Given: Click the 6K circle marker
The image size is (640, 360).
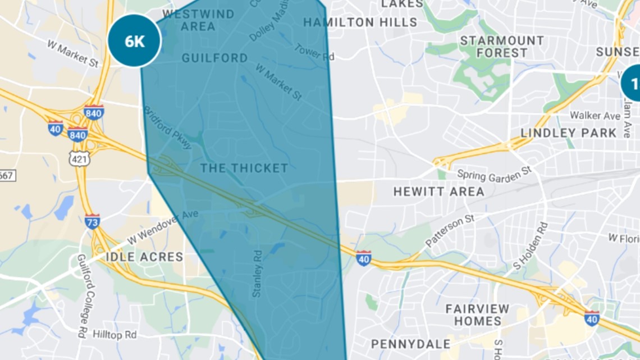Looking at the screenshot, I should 134,40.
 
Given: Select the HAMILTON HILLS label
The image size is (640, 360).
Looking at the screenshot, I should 360,22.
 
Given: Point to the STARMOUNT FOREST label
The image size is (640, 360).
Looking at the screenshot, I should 502,47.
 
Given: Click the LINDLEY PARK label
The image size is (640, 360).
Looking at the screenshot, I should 568,133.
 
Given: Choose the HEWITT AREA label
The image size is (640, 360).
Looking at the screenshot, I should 438,192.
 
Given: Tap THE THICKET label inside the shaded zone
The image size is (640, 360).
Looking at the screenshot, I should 244,168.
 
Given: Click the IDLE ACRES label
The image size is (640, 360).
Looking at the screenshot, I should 144,257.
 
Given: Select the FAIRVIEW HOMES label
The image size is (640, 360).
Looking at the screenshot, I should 477,315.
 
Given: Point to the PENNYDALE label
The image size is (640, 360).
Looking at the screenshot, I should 411,344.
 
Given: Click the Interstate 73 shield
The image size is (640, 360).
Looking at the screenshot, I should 93,221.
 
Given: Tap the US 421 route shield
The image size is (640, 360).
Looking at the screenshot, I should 79,159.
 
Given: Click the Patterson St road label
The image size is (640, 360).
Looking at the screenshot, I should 450,231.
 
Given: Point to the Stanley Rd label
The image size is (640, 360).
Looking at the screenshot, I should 258,274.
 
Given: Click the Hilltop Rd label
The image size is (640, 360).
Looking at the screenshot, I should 115,335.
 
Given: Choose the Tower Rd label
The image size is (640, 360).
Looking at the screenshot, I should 314,52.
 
